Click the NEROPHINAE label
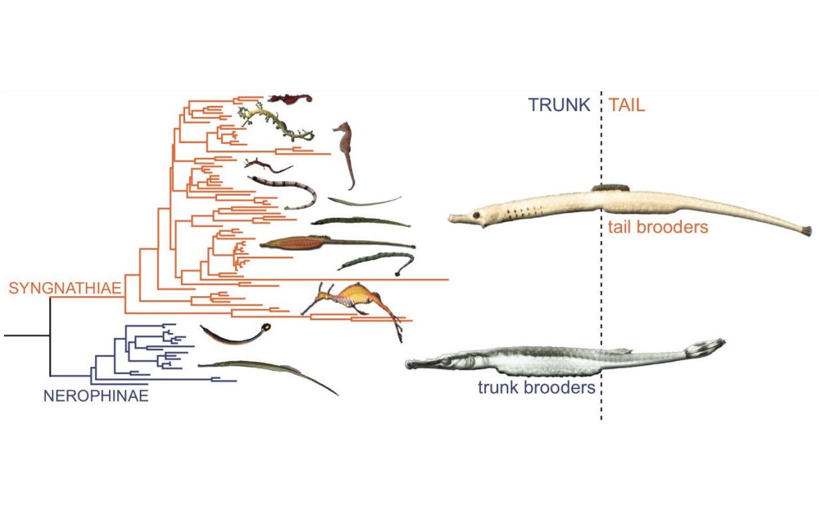(95, 397)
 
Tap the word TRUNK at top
(559, 105)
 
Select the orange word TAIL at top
(627, 105)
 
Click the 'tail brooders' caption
(657, 227)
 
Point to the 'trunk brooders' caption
(536, 388)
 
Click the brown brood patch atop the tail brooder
(611, 188)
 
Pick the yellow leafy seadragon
(276, 123)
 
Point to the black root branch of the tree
(27, 336)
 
